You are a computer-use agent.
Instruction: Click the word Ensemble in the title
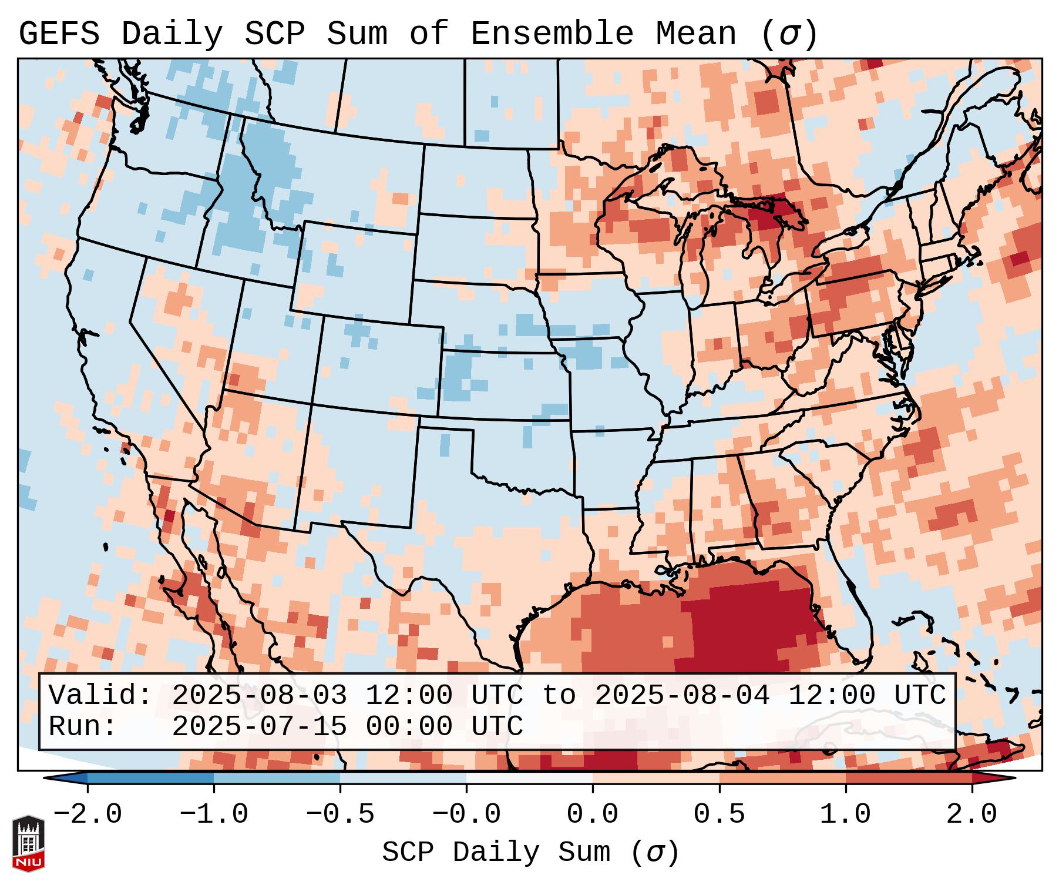pos(552,33)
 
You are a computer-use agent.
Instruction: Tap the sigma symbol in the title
pos(788,33)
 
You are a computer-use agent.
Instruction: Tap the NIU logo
pos(28,843)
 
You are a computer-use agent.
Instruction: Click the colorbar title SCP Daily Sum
pos(505,853)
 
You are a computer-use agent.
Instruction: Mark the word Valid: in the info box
pos(100,695)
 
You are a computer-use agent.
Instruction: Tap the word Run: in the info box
pos(83,726)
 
